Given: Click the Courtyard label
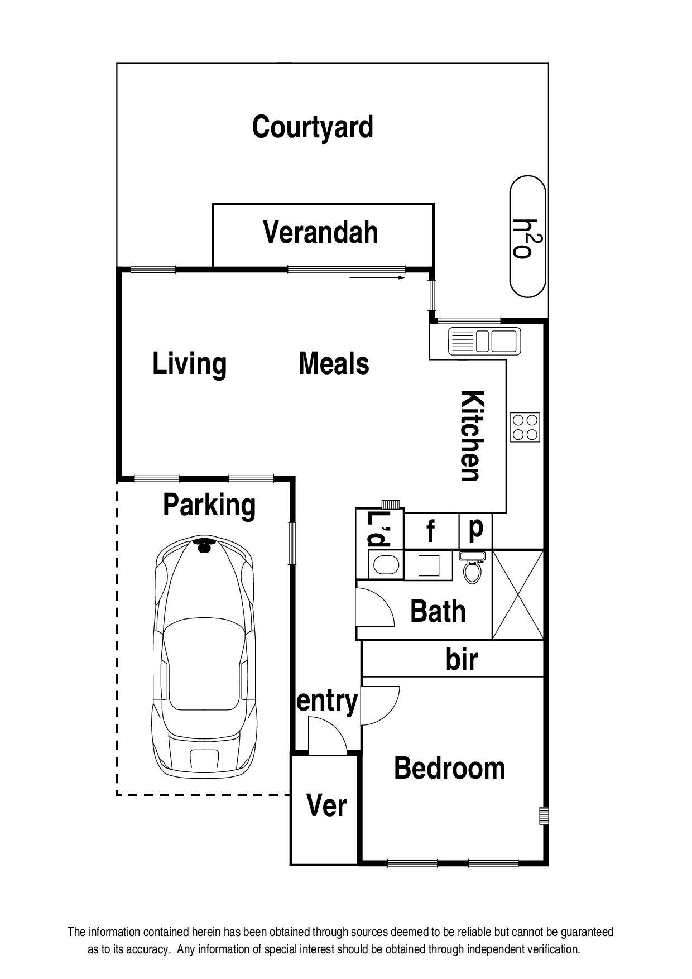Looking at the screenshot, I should click(313, 127).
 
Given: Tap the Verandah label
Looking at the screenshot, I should click(320, 233).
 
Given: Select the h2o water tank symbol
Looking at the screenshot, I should click(527, 237).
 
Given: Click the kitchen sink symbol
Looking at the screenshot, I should click(484, 341).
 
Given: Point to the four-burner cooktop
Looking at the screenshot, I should click(525, 428).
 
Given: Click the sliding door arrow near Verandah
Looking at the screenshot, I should click(377, 277).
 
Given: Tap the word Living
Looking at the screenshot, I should click(189, 364).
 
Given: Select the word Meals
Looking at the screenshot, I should click(334, 364).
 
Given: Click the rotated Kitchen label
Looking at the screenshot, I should click(471, 436).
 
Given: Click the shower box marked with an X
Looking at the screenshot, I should click(518, 594).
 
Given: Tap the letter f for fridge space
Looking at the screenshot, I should click(430, 532).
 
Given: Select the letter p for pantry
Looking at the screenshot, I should click(475, 528).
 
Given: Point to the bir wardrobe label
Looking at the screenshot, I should click(462, 660).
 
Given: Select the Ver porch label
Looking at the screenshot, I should click(326, 806).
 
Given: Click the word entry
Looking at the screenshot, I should click(327, 701).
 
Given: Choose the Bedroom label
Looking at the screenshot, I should click(449, 769).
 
